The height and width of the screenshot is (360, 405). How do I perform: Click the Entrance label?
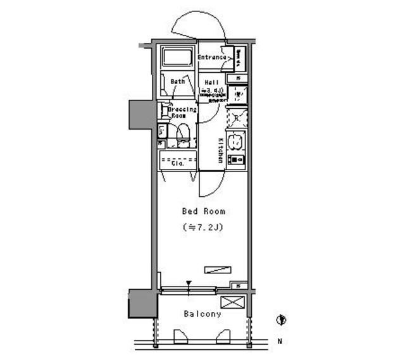click(211, 58)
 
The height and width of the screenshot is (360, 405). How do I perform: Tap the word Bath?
click(178, 81)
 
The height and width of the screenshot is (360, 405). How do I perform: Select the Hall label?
click(211, 82)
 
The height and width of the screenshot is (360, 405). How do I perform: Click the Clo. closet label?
click(178, 163)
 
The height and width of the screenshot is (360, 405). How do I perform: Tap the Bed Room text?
click(204, 211)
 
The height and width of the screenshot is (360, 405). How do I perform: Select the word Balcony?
click(202, 314)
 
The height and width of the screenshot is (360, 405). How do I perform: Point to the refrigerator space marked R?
click(237, 118)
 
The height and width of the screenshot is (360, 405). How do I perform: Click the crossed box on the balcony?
click(231, 302)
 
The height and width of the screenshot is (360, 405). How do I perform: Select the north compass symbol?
click(281, 320)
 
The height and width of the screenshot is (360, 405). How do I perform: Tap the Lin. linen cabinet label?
click(162, 132)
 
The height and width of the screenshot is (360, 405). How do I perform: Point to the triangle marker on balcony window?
click(189, 284)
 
